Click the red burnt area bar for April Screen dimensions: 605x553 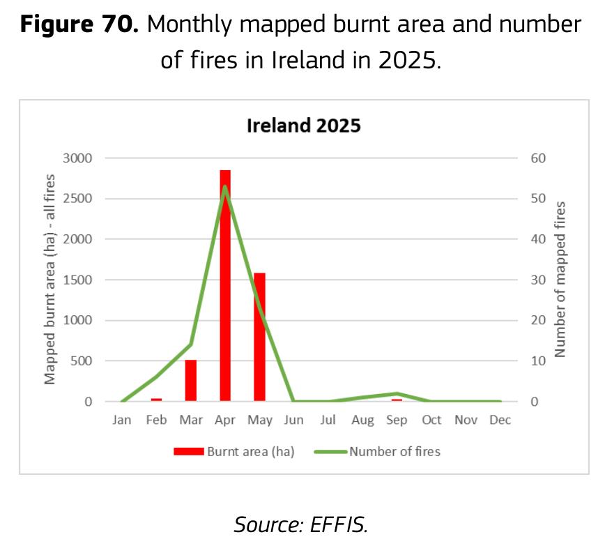tap(225, 286)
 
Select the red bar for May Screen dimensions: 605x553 tap(260, 338)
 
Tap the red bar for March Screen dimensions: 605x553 tap(191, 381)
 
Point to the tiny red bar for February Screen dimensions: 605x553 tap(156, 400)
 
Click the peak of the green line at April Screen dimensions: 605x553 tap(225, 187)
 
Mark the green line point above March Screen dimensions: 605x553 tap(190, 344)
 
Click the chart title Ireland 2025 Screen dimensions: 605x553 tap(304, 126)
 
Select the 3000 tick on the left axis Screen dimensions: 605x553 tap(77, 158)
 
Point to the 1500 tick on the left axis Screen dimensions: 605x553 tap(77, 280)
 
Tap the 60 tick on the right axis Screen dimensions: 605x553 tap(538, 158)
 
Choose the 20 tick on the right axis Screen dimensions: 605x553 tap(538, 320)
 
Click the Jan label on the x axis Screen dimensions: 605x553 tap(122, 420)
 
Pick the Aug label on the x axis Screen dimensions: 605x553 tap(362, 421)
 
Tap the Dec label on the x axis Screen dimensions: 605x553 tap(500, 420)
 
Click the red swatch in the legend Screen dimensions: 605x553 tap(189, 451)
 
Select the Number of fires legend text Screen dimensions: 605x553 tap(395, 451)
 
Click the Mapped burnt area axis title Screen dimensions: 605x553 tap(49, 280)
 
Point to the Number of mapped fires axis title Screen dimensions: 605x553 tap(560, 280)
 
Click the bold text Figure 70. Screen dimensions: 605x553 tap(79, 24)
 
